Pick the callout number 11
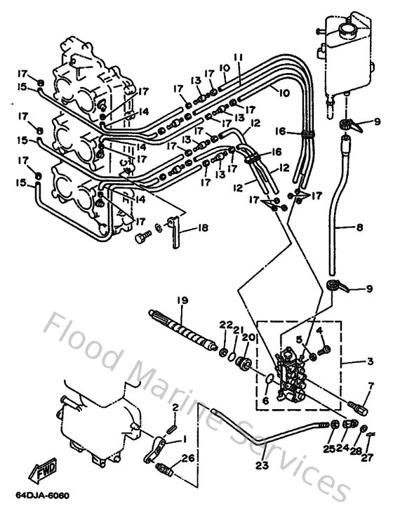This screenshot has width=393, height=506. [x=239, y=57]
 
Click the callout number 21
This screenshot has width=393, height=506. [x=237, y=331]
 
